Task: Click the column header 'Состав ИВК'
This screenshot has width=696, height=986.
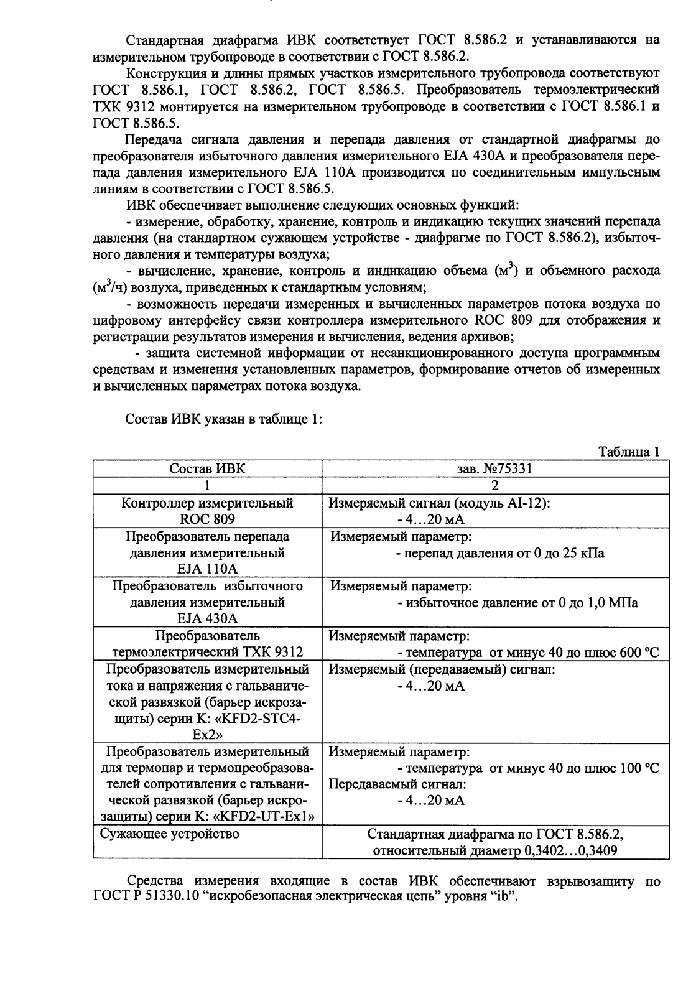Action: pos(207,469)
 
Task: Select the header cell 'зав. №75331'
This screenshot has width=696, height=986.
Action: pos(494,469)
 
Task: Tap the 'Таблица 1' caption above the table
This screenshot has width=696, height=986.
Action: pos(628,452)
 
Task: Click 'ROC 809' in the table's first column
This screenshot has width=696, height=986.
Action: pos(207,519)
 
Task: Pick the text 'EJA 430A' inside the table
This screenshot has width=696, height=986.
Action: pos(207,618)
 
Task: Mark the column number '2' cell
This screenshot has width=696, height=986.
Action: pos(495,486)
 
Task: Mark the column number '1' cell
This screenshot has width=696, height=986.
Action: pos(207,486)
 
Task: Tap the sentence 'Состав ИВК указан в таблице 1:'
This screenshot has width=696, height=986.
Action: pos(223,419)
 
